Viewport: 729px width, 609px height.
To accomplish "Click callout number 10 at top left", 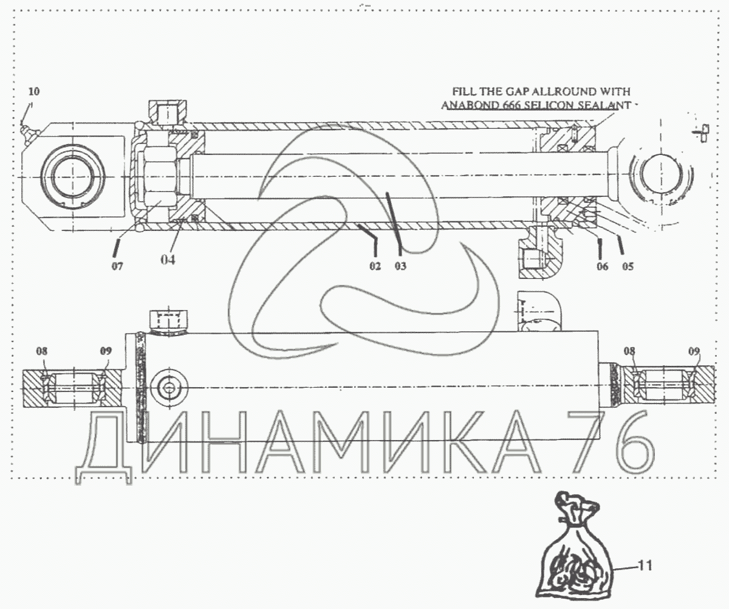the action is point(34,92).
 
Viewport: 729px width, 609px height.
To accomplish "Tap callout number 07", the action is point(117,267).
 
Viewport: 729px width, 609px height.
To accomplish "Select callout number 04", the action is point(168,260).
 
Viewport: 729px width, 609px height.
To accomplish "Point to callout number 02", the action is point(375,266).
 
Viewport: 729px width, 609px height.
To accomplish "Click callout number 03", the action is point(401,266).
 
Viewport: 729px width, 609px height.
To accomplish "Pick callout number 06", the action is point(602,267).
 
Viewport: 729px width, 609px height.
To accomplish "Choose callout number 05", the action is point(628,267).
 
